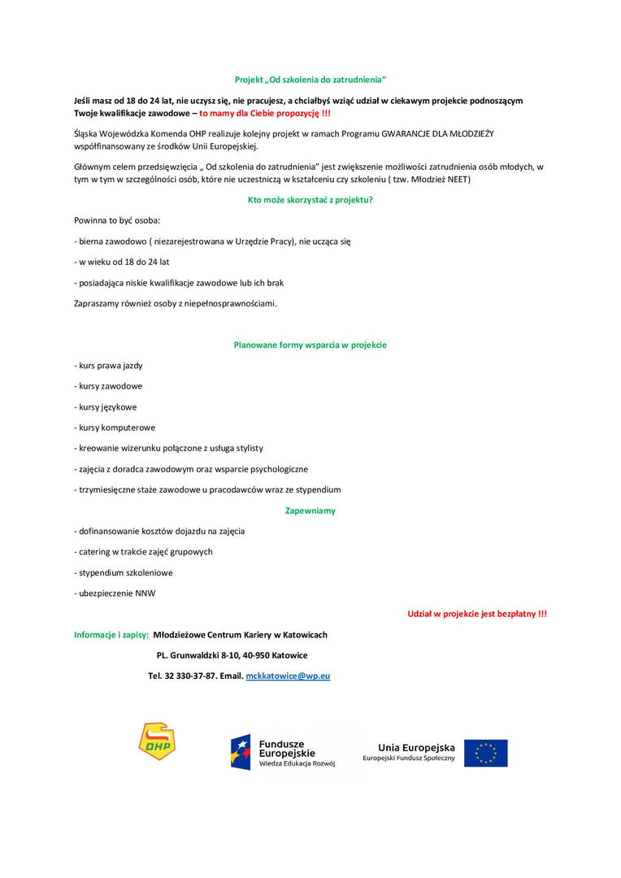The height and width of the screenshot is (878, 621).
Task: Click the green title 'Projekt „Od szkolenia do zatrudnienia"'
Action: click(x=310, y=80)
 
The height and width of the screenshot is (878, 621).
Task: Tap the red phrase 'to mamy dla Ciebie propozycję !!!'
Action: click(x=265, y=113)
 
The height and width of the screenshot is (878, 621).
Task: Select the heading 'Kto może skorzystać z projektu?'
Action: click(x=310, y=199)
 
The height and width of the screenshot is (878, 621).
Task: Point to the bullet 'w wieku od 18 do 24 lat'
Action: click(x=123, y=262)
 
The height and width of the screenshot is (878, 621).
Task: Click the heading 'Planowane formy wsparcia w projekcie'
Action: click(x=310, y=345)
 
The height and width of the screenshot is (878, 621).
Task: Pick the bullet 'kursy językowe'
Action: click(x=106, y=406)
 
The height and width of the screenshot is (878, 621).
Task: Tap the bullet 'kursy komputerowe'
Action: click(x=115, y=428)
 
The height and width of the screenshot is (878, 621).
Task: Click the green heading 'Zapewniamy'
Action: click(x=310, y=511)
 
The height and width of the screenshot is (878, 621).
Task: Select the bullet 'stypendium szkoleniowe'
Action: click(x=124, y=572)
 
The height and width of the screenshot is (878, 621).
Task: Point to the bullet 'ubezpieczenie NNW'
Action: click(x=115, y=593)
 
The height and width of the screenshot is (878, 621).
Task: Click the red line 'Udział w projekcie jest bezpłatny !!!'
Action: click(x=476, y=614)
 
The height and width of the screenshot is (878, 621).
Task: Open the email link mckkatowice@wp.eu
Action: click(x=288, y=676)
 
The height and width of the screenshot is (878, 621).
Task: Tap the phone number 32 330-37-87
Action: click(x=190, y=676)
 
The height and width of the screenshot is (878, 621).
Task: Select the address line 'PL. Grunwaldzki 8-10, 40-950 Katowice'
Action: click(x=232, y=655)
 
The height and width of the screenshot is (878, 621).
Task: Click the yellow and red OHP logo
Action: click(x=157, y=741)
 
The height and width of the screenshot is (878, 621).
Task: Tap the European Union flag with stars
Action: click(x=485, y=753)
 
